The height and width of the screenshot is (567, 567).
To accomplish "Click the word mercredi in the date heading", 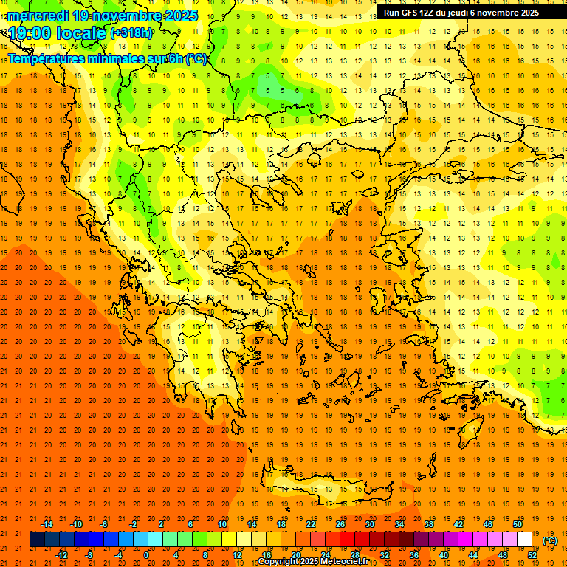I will [x=38, y=16].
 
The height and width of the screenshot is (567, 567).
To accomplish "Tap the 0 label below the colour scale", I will [x=146, y=554].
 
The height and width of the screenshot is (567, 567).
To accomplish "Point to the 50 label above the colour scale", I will [x=517, y=524].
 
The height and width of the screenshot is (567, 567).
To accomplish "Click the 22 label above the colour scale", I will [x=311, y=524].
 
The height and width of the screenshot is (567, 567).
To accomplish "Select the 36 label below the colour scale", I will [x=414, y=554].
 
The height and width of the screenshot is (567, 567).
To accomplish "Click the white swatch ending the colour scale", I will [x=524, y=540].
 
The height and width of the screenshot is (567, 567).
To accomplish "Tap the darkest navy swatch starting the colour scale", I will [x=37, y=540].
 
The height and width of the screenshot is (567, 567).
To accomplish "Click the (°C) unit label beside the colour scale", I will [x=550, y=540].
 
